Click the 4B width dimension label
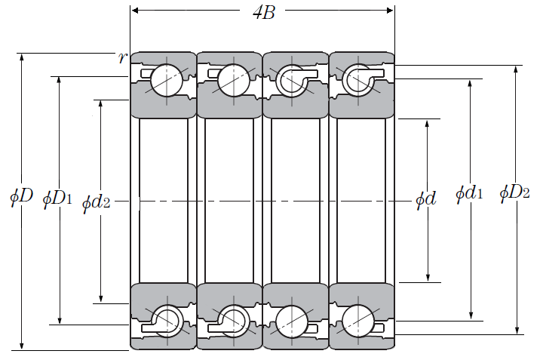click(264, 13)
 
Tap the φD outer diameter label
click(21, 196)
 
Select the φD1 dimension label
click(57, 199)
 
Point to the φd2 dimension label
click(96, 203)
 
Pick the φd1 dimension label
click(469, 193)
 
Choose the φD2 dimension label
click(514, 192)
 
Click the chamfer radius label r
click(122, 57)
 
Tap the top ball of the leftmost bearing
click(167, 80)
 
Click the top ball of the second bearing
click(234, 80)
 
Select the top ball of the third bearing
click(292, 80)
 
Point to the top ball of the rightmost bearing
click(358, 80)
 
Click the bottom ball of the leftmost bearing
click(167, 321)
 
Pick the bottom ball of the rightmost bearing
click(358, 321)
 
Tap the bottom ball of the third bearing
click(292, 321)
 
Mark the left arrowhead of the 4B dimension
click(135, 11)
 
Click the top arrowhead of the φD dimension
click(22, 57)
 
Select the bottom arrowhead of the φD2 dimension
click(517, 330)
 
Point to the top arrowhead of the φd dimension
click(427, 124)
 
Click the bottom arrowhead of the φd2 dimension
click(100, 298)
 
